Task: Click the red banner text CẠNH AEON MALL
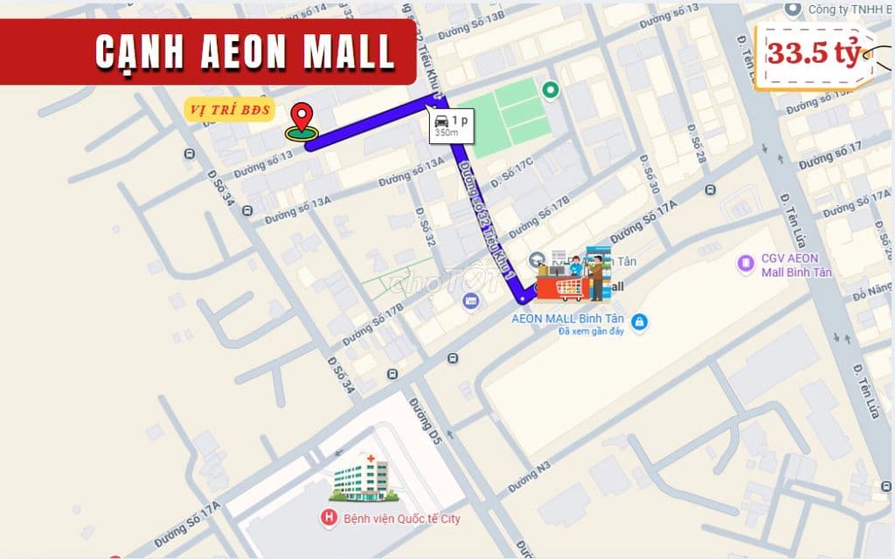pyautogui.click(x=245, y=53)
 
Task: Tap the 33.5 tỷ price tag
pyautogui.click(x=814, y=53)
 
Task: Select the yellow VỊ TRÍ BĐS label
pyautogui.click(x=229, y=110)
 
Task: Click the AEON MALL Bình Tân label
pyautogui.click(x=567, y=318)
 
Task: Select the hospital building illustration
pyautogui.click(x=362, y=480)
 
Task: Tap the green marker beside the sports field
pyautogui.click(x=550, y=89)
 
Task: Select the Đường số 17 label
pyautogui.click(x=829, y=156)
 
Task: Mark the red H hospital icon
pyautogui.click(x=329, y=519)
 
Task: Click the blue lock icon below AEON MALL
pyautogui.click(x=640, y=322)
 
